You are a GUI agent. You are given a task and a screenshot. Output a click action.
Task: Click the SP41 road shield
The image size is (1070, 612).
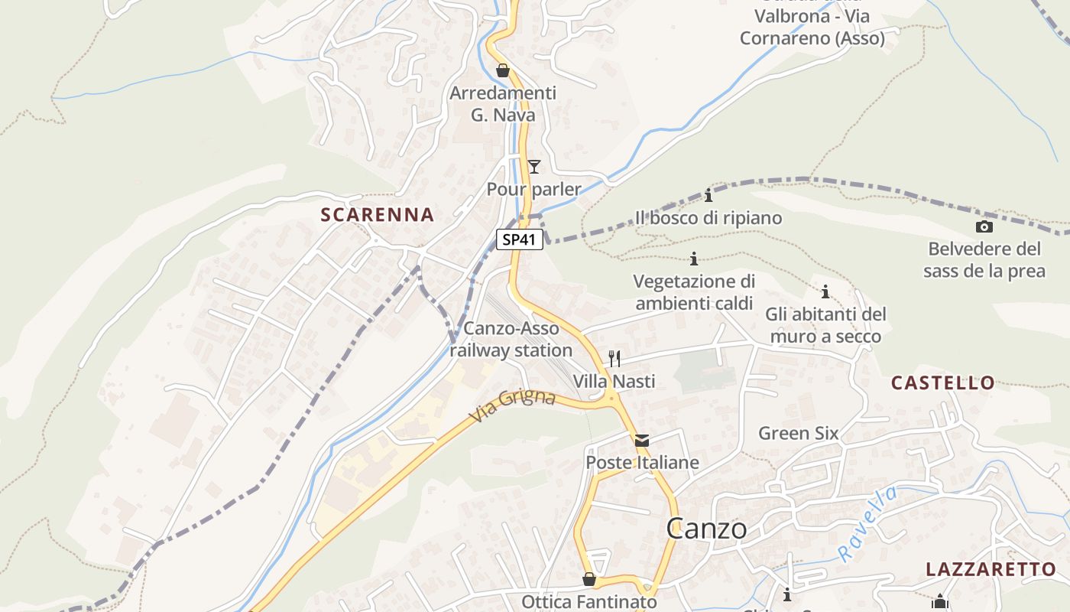pos(520,239)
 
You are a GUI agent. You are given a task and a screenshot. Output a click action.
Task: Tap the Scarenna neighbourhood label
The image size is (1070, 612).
pos(378,215)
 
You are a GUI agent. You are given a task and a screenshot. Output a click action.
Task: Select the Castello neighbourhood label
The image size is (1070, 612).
pos(943,383)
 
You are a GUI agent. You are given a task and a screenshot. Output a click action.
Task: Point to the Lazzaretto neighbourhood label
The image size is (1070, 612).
pos(991,569)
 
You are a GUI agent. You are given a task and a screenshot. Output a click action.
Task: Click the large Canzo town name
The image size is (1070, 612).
pos(706,529)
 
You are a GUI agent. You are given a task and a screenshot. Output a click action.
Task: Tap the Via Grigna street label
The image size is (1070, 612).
pos(512,407)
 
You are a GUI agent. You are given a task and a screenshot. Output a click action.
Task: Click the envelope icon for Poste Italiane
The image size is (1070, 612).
pos(642,441)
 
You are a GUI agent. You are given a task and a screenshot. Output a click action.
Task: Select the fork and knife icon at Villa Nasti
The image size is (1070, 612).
pos(614,358)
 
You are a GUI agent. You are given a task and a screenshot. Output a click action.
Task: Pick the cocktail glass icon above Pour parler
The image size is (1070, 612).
pos(534,166)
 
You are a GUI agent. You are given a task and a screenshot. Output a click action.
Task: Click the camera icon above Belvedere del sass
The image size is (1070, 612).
pos(984,226)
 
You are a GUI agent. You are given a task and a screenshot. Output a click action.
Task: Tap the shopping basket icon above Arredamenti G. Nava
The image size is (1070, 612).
pos(503,71)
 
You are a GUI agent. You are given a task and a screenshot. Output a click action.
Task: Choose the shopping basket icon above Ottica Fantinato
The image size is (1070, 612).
pos(589,579)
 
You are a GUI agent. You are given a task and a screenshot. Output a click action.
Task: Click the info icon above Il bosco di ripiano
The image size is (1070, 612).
pos(708,195)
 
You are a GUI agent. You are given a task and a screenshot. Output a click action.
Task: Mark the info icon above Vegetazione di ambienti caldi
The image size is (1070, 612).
pos(694,259)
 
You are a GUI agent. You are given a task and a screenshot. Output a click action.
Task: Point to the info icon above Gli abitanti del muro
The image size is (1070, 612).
pos(825,291)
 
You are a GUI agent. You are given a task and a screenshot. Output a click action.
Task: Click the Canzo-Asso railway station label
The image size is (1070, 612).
pos(511,340)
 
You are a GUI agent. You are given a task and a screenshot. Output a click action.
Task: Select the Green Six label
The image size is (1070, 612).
pos(798,434)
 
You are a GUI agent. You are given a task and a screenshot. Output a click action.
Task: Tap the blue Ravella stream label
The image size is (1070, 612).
pos(867,525)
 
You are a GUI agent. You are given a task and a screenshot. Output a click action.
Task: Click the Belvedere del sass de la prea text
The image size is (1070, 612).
pos(984,260)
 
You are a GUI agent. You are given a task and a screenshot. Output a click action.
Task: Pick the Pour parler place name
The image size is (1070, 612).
pos(534,189)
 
